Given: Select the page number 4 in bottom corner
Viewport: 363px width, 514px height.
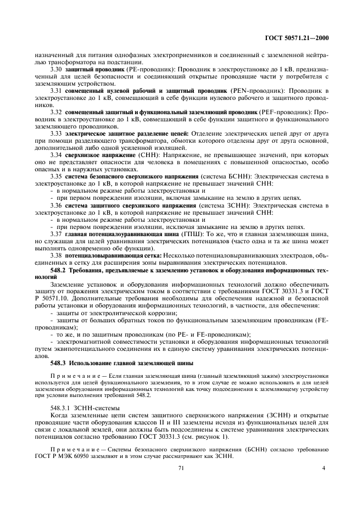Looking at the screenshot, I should pyautogui.click(x=323, y=468).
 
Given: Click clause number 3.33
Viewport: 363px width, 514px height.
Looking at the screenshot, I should pyautogui.click(x=56, y=133).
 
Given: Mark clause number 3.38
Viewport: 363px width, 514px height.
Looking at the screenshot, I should pyautogui.click(x=56, y=255).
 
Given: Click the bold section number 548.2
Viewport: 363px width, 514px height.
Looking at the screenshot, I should pyautogui.click(x=58, y=271).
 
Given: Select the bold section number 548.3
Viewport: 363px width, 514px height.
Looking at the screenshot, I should pyautogui.click(x=58, y=363).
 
